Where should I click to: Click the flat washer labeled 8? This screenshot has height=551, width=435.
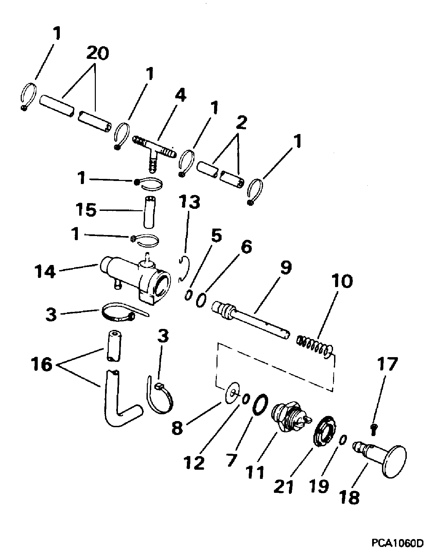[x=232, y=393]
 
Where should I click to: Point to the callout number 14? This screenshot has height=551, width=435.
[x=45, y=271]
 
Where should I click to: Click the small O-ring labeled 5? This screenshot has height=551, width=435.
[x=188, y=295]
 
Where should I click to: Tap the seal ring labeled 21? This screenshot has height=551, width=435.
[x=325, y=431]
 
